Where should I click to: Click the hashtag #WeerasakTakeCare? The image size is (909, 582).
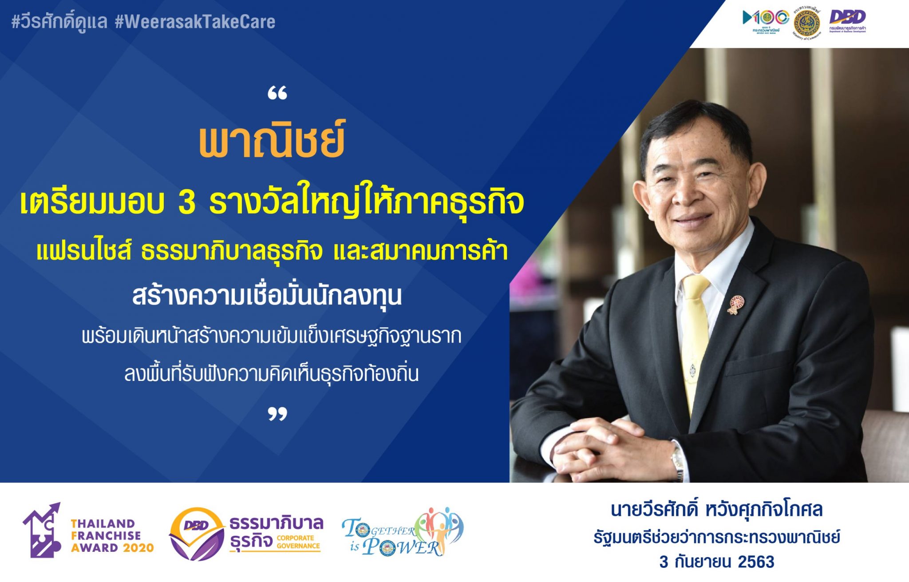tap(195, 22)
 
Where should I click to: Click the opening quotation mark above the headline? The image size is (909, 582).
tap(277, 94)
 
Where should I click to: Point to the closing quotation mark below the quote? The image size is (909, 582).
tap(277, 414)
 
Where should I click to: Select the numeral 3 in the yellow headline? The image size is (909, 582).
tap(187, 202)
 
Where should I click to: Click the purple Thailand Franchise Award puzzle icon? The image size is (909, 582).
tap(42, 531)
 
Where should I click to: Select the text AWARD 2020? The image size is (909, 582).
tap(112, 548)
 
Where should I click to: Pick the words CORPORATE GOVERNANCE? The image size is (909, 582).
tap(298, 542)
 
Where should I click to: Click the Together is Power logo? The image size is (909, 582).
tap(402, 532)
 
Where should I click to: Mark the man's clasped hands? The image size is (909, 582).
tap(613, 448)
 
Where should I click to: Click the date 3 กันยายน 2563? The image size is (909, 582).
tap(716, 562)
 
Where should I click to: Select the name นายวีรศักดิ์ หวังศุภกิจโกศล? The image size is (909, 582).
tap(716, 510)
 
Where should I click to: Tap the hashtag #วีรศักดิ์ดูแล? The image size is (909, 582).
tap(59, 22)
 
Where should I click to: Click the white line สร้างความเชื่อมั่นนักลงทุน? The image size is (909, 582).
tap(267, 296)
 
